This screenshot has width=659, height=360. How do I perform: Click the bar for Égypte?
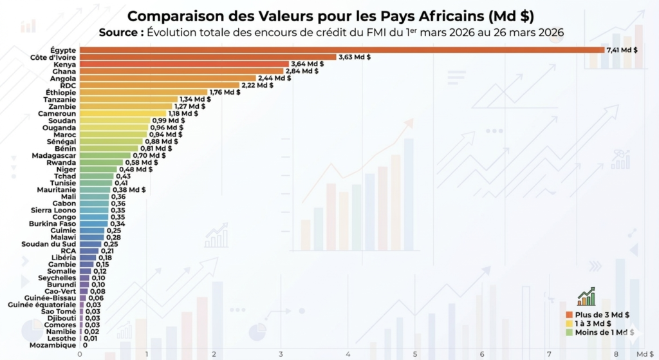pyautogui.click(x=341, y=50)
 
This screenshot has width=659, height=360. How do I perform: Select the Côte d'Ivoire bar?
pyautogui.click(x=207, y=57)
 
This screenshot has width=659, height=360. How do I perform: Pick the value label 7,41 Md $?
pyautogui.click(x=622, y=50)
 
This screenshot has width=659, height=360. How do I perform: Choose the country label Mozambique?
pyautogui.click(x=53, y=345)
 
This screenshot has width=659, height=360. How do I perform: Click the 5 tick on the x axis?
pyautogui.click(x=415, y=354)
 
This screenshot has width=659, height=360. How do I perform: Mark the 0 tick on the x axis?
pyautogui.click(x=80, y=354)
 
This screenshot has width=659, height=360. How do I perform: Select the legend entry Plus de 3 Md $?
pyautogui.click(x=602, y=314)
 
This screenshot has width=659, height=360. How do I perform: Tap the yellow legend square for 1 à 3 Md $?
pyautogui.click(x=569, y=323)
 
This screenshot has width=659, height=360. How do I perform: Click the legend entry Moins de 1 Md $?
pyautogui.click(x=604, y=332)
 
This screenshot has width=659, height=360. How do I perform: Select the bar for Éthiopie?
pyautogui.click(x=143, y=92)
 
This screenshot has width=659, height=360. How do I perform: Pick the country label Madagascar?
pyautogui.click(x=54, y=155)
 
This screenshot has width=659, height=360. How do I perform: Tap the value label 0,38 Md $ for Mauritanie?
pyautogui.click(x=129, y=190)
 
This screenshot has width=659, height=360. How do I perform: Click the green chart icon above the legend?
pyautogui.click(x=586, y=297)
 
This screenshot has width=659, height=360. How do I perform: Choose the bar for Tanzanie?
pyautogui.click(x=129, y=99)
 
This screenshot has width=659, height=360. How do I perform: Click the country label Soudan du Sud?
pyautogui.click(x=53, y=244)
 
